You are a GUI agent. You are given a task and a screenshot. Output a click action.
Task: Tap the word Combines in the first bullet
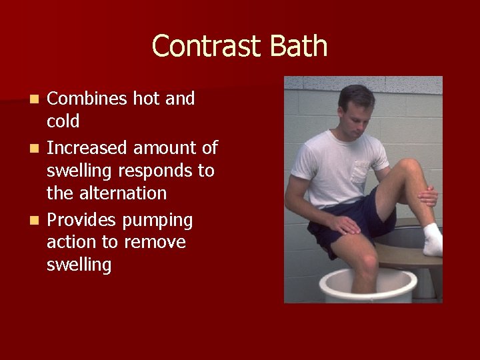[87, 99]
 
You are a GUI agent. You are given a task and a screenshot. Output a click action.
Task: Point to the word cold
[63, 121]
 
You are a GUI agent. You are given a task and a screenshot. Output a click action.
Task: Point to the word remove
[160, 243]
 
